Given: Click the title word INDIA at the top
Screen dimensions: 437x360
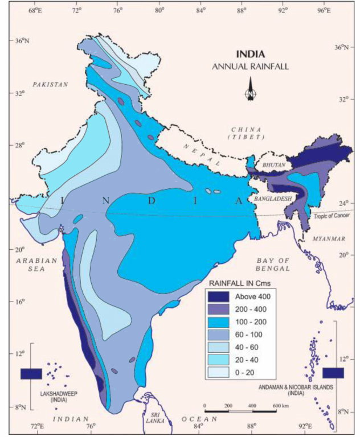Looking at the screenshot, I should click(250, 55).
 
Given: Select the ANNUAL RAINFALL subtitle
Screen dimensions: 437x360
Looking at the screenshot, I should click(250, 66).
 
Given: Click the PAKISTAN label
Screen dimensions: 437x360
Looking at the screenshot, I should click(50, 84).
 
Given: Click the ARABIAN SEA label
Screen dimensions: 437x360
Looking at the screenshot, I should click(35, 264).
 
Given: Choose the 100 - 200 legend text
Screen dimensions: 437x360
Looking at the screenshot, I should click(248, 321).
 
